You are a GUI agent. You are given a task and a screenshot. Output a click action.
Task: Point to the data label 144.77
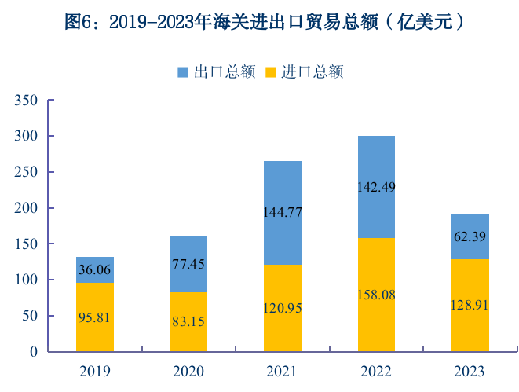[283, 212]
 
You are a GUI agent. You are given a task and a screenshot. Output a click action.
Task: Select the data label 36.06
[95, 269]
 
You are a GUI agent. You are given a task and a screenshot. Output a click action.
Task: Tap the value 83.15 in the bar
[188, 321]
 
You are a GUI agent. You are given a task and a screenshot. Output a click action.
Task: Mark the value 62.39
[470, 236]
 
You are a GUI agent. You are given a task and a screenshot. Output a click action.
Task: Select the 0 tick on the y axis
[34, 352]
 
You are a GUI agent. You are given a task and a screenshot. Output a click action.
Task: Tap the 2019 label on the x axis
[95, 371]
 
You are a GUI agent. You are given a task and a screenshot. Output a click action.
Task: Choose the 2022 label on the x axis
[376, 371]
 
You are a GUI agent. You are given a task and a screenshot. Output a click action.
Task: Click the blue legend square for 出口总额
[182, 72]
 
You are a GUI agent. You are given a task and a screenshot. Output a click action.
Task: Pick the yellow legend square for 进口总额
[271, 72]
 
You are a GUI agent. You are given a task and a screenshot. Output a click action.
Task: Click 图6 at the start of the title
[79, 23]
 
